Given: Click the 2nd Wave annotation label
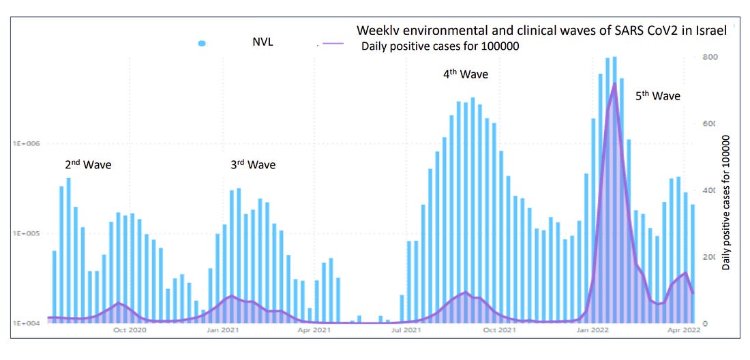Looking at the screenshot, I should tap(88, 164).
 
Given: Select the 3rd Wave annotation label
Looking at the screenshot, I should tap(253, 164).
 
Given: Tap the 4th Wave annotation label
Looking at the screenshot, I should tap(466, 74).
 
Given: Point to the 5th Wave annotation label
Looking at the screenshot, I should tap(658, 96).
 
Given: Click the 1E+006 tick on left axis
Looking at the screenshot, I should tap(25, 144).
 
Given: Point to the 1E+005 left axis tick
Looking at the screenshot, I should tap(25, 234).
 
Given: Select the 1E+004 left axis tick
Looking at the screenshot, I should tap(25, 323).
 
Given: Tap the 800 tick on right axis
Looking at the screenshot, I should tap(710, 57).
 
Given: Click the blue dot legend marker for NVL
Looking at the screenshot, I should tap(202, 44).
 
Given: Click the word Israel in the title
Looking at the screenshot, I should tap(712, 31).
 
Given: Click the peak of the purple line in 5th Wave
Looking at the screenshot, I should tap(614, 84).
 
